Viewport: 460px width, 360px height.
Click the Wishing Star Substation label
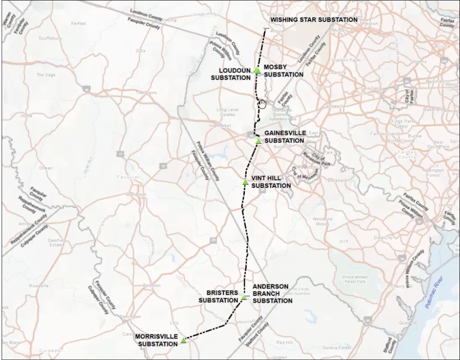click(314, 20)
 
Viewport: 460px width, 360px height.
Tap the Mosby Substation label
click(283, 71)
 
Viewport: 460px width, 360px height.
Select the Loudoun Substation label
click(230, 74)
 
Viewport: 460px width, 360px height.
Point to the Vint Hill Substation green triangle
click(245, 182)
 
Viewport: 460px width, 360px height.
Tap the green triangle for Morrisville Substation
click(184, 340)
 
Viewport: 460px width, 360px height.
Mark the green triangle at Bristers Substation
click(243, 298)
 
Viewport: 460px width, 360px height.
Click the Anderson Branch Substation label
click(272, 293)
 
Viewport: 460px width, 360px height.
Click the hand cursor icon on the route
click(263, 103)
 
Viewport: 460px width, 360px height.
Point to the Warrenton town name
click(135, 194)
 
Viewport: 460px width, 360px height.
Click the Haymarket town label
click(220, 126)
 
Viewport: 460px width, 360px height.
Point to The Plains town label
click(145, 93)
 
